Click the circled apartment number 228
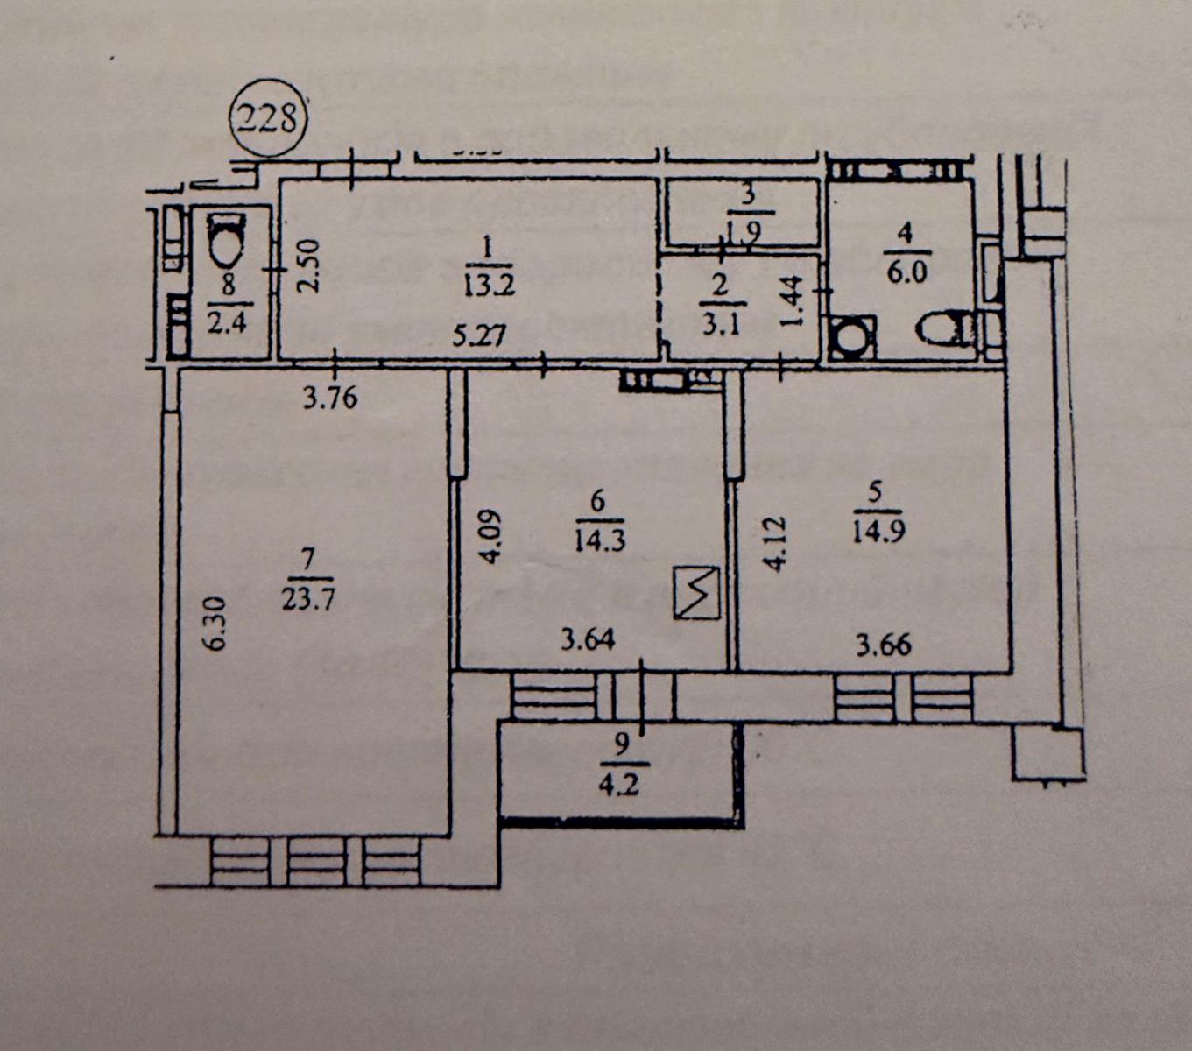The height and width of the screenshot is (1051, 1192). (x=267, y=116)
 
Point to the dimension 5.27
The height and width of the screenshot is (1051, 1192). (x=478, y=334)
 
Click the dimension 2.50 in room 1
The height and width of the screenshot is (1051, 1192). (x=307, y=266)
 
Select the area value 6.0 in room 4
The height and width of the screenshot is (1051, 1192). (x=906, y=272)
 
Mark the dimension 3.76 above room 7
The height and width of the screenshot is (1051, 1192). (x=330, y=399)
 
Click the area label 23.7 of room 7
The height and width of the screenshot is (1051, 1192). (x=308, y=598)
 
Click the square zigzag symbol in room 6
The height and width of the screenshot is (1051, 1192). (x=697, y=593)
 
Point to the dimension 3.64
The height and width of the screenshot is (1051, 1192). (x=588, y=640)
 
